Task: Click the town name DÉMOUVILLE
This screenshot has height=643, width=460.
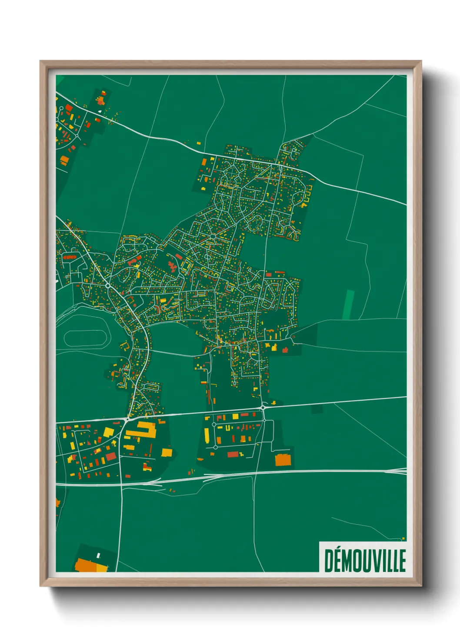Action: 365,560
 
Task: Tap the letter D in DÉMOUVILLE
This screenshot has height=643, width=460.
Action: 328,561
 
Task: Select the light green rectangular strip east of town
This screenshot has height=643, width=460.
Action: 348,305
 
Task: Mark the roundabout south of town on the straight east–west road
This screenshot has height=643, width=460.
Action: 263,407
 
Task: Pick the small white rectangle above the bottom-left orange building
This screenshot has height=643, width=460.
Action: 98,555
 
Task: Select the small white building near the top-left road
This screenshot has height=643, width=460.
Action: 100,111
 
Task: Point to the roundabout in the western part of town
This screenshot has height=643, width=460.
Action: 107,285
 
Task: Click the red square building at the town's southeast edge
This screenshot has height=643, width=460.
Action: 285,350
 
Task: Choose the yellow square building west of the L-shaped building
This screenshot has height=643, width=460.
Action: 108,432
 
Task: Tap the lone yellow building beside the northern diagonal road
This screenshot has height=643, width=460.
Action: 199,143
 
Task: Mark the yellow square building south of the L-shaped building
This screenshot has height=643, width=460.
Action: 167,452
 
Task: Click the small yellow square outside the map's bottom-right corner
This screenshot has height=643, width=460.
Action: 403,539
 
